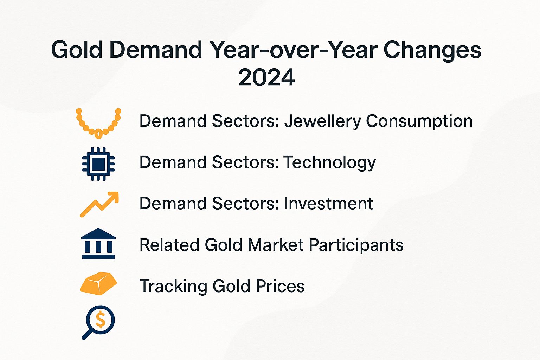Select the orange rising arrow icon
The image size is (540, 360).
click(x=99, y=204)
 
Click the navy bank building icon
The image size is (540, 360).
click(x=98, y=244)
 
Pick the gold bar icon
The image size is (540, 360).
click(x=98, y=284)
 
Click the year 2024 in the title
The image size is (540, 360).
click(x=266, y=78)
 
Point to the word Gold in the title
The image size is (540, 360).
click(x=77, y=50)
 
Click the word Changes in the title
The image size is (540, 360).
click(x=432, y=50)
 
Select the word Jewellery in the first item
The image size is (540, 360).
click(x=322, y=121)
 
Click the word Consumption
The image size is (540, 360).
click(x=419, y=121)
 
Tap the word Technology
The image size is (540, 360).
click(x=329, y=163)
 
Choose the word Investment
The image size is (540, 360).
click(x=328, y=204)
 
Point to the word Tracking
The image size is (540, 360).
click(x=173, y=287)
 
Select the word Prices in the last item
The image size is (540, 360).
click(x=280, y=286)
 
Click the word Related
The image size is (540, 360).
click(x=169, y=245)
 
